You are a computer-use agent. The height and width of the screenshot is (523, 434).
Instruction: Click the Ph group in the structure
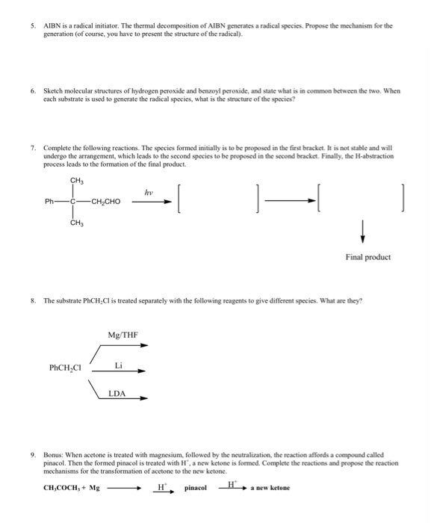pos(49,200)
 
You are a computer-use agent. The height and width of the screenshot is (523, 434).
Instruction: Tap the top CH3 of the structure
pos(76,179)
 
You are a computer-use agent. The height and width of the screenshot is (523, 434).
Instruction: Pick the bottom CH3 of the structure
pos(76,222)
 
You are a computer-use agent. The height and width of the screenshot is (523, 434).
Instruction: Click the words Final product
pos(368,257)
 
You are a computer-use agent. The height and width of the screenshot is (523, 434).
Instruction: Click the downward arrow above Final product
pos(363,231)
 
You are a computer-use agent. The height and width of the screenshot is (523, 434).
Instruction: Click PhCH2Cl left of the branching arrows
pos(65,368)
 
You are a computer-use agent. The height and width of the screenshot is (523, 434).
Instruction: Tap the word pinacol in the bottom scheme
pos(197,488)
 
